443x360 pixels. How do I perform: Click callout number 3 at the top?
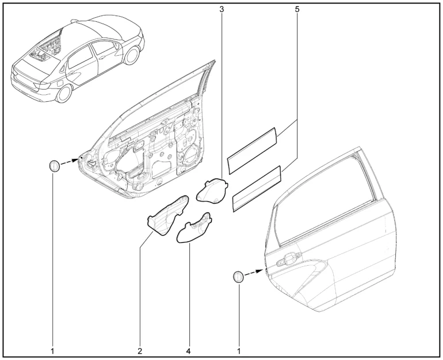coord(221,9)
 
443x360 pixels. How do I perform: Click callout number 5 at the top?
coord(297,9)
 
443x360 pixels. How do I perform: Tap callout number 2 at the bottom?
coord(140,351)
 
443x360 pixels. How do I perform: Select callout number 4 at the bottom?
coord(189,351)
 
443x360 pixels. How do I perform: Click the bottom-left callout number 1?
coord(52,351)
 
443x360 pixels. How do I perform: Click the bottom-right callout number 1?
coord(239,351)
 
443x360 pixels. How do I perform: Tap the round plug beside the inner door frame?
coord(54,166)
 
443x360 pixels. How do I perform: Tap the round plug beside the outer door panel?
coord(238,277)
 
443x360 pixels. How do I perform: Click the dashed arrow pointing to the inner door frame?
coord(70,162)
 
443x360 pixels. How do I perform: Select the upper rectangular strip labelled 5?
coord(253,151)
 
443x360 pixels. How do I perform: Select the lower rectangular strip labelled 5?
coord(257,189)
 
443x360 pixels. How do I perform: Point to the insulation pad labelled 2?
coord(167,215)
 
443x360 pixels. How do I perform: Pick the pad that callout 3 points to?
coord(212,190)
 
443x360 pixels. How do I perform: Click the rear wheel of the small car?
coord(64,94)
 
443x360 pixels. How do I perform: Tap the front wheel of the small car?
coord(132,55)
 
